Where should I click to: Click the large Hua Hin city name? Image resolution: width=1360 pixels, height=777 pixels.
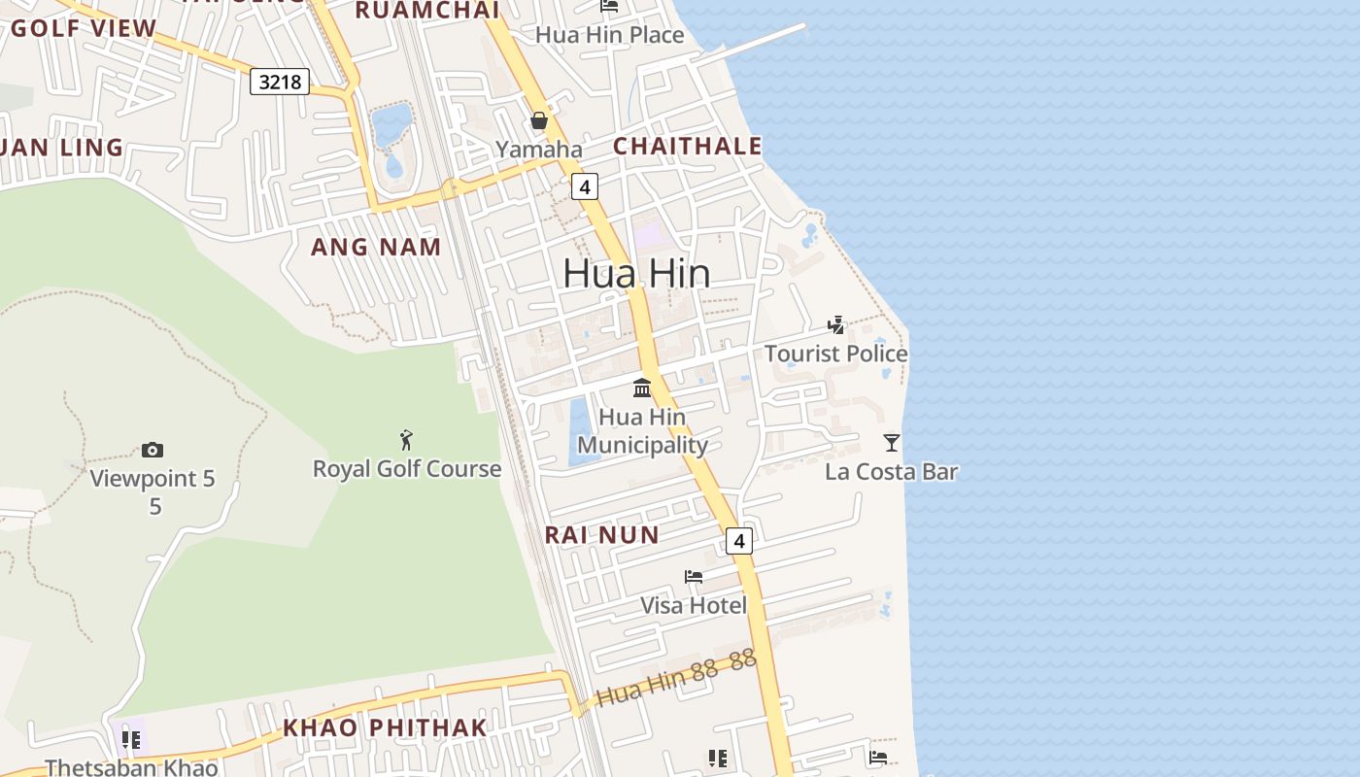pos(636,274)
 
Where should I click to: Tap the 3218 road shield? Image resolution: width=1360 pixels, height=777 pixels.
pos(280,82)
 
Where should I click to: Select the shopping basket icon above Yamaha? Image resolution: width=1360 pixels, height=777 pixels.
pos(539,121)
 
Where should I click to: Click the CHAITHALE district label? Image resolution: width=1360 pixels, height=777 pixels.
pos(688,146)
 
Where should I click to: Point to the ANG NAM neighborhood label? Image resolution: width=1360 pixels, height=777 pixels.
pos(376,247)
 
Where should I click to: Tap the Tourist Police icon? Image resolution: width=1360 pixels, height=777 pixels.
pos(835,324)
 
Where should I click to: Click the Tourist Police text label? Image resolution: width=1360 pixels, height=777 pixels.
pos(835,354)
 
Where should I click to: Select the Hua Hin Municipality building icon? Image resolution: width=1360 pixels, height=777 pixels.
pos(642,388)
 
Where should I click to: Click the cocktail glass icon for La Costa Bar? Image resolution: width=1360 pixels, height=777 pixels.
pos(892,443)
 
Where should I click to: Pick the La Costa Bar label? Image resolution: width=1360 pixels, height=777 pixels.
pos(891,472)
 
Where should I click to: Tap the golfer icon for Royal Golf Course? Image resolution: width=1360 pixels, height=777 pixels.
pos(406,440)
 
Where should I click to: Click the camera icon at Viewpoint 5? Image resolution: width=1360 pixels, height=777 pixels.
pos(153,450)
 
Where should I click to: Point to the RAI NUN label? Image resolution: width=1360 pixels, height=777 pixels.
pos(601,534)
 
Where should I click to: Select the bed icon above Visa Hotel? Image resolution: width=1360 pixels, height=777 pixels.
pos(694,576)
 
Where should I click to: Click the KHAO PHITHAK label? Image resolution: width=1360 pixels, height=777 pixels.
pos(385,727)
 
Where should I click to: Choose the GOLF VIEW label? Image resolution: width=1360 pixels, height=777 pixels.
pos(84,28)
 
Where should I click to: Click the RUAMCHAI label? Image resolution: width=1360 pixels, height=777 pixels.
pos(426,11)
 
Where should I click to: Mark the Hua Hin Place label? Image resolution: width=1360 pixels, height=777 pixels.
pos(610,35)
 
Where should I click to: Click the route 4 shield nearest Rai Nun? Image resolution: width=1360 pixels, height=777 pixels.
pos(739,541)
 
